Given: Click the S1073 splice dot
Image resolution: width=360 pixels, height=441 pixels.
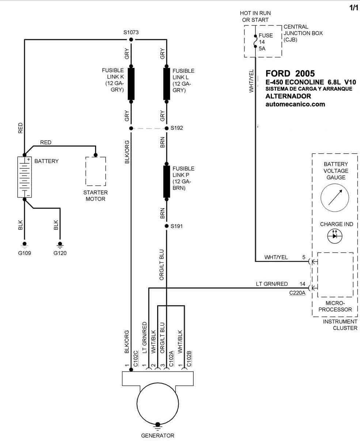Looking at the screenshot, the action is coord(131,39).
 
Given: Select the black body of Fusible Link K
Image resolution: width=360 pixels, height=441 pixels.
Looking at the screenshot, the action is coord(131,84).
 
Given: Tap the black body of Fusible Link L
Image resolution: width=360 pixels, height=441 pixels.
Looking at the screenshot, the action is coord(167,84).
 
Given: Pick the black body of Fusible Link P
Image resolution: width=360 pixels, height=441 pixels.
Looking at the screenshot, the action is coord(167,182).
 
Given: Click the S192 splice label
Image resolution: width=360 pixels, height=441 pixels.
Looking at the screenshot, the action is coord(177,128).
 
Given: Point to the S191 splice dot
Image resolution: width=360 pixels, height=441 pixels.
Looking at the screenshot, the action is coord(167,226).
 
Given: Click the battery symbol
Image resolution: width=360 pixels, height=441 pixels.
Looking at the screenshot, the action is coord(24,177).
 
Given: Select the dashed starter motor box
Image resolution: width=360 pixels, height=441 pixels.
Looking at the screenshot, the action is coord(96,171).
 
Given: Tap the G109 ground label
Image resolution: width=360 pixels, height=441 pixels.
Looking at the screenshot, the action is coord(24,253).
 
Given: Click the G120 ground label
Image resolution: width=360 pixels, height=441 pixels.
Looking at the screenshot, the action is coord(60,253).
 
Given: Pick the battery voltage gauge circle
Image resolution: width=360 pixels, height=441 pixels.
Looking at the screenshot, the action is coord(335,198).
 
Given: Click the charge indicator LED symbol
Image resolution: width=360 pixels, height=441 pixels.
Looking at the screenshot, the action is coord(335,236).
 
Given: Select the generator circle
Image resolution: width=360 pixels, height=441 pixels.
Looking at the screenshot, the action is coord(158,404).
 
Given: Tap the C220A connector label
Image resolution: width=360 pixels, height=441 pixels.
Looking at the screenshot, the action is coord(297,293).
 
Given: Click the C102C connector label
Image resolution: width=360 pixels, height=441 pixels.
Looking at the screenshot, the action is coord(136,358).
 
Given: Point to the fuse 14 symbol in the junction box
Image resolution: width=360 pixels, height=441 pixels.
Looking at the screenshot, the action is coord(255,41).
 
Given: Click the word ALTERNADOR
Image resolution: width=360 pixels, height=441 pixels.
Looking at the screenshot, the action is coord(288,96).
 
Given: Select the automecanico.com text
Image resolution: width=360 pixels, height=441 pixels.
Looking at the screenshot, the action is coord(295,104).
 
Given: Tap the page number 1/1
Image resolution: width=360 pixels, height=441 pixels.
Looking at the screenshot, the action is coord(354,8).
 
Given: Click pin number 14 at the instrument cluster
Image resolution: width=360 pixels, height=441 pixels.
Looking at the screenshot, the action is coord(302,284).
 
